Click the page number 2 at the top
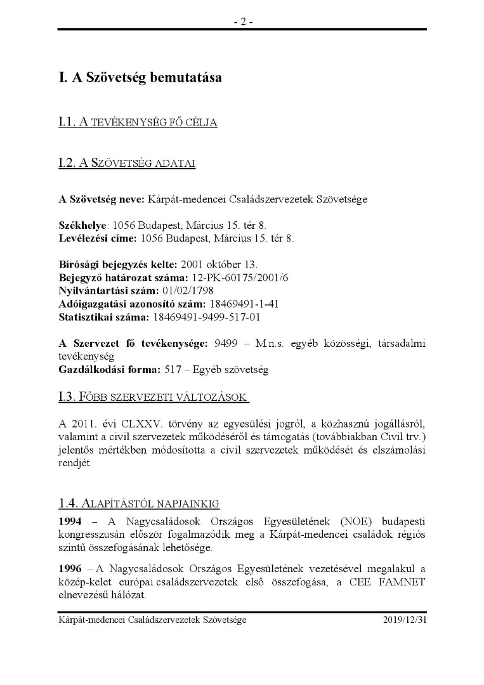(x=242, y=21)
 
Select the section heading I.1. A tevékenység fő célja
(x=138, y=122)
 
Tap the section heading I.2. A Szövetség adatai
(x=126, y=164)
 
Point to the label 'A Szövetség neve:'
(x=101, y=199)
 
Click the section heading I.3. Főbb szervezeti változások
(x=152, y=398)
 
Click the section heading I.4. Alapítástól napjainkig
(x=138, y=504)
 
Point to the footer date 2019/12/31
(x=405, y=620)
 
